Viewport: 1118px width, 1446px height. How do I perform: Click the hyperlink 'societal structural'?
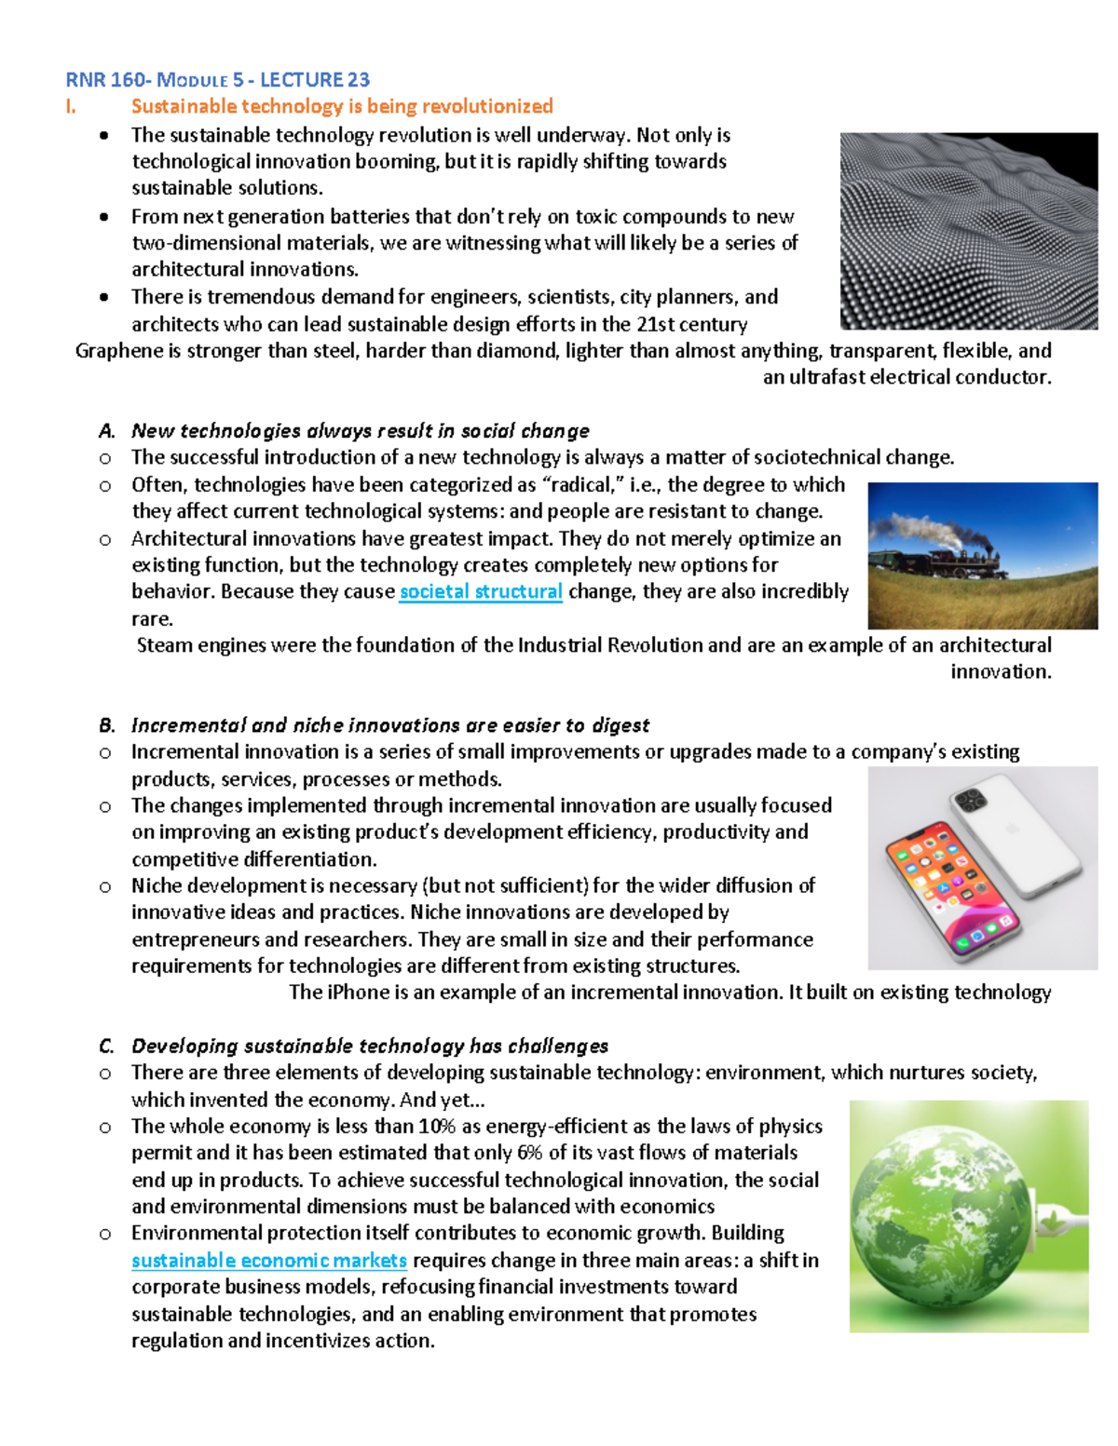[481, 592]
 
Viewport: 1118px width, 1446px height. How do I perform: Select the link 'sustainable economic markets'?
[269, 1261]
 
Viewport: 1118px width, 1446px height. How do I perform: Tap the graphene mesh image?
[969, 231]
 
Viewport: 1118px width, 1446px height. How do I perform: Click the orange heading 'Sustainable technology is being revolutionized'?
[342, 106]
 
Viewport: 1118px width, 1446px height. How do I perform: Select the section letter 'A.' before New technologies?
[107, 431]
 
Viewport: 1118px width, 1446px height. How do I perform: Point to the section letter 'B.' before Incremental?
[107, 725]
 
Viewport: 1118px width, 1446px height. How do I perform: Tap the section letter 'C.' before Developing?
[107, 1047]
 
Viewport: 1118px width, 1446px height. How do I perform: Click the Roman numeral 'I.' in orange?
[71, 106]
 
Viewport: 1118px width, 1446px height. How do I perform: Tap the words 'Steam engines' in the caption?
[197, 645]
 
